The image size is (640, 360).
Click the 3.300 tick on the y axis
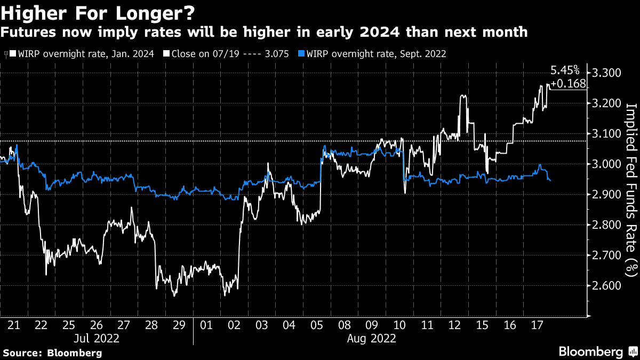click(606, 73)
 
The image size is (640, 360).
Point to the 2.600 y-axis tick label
click(606, 286)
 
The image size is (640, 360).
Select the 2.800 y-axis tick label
click(606, 225)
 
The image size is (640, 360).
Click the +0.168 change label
click(568, 84)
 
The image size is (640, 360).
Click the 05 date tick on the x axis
click(317, 324)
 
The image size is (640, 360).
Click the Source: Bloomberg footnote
click(52, 353)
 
